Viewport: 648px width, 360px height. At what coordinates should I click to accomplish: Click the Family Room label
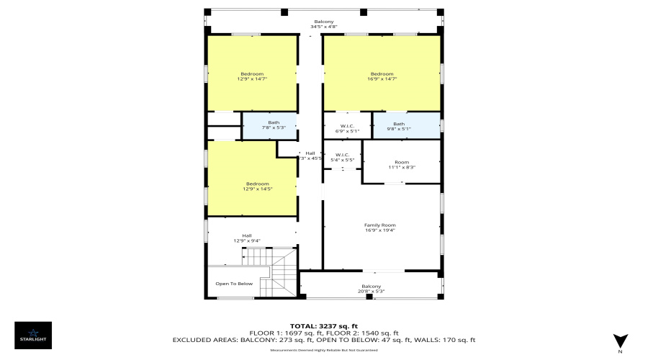click(x=379, y=225)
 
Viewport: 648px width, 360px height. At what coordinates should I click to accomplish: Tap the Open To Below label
click(x=235, y=284)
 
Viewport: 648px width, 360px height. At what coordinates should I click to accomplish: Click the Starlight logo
click(x=34, y=334)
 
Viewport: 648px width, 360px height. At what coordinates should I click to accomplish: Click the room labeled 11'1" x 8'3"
click(x=401, y=165)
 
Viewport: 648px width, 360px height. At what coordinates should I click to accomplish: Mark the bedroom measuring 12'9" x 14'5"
click(x=251, y=186)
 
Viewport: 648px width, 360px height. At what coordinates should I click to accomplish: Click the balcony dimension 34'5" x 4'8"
click(x=323, y=27)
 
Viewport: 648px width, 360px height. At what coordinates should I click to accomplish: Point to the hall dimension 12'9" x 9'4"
click(x=246, y=240)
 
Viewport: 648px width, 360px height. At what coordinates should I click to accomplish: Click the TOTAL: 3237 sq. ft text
click(x=323, y=325)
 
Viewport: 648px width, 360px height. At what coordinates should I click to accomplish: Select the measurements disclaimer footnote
click(x=323, y=350)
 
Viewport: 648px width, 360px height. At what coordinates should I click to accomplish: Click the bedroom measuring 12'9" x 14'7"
click(x=251, y=76)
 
